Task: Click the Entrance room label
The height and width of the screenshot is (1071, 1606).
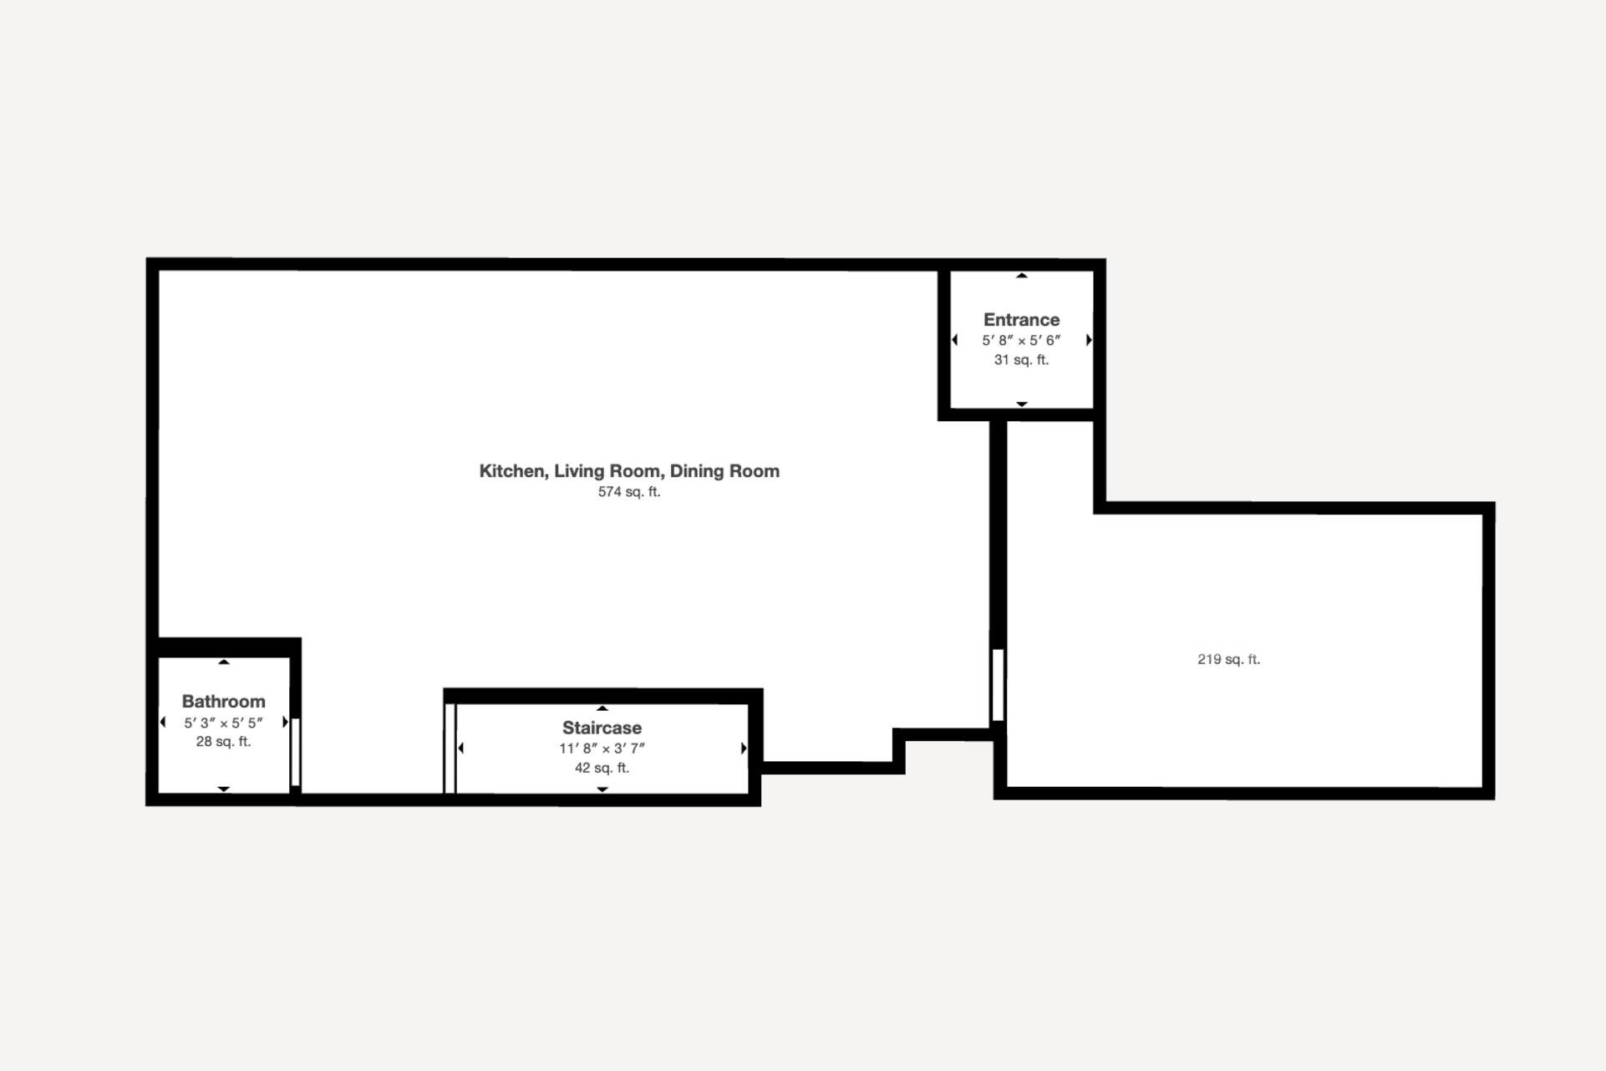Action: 1021,320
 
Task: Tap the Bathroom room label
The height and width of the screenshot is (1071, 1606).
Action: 223,702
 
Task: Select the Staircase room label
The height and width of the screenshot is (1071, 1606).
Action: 602,728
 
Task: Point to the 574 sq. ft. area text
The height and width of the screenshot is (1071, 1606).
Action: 629,492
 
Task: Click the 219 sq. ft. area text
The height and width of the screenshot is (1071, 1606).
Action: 1228,659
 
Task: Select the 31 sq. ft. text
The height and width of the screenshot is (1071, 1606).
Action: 1021,360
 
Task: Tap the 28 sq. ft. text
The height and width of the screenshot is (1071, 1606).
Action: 223,742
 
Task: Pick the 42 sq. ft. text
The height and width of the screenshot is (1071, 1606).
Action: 602,769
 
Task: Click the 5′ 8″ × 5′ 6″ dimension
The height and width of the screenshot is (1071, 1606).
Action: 1021,341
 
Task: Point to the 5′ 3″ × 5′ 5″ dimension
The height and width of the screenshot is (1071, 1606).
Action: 223,723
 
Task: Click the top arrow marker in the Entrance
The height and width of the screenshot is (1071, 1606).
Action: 1021,276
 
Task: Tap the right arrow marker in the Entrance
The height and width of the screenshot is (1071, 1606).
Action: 1089,340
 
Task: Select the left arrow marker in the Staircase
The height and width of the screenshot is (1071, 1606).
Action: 461,749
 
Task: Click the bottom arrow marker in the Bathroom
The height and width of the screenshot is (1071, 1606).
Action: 223,789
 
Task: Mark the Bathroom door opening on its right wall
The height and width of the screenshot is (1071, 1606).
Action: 295,751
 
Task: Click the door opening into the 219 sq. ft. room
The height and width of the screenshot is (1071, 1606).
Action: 998,685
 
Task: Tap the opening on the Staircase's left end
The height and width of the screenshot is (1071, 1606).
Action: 450,749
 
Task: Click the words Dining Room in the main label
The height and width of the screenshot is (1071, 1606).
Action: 724,471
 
